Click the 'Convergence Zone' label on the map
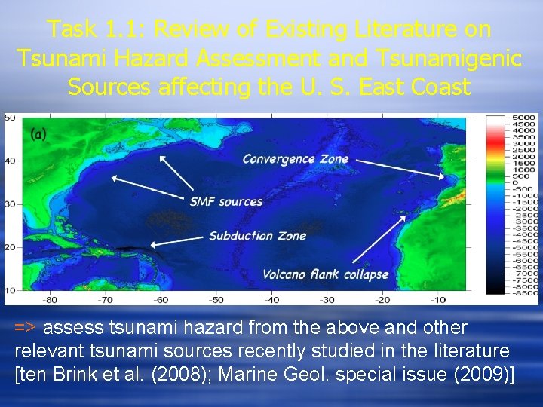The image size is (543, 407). [295, 158]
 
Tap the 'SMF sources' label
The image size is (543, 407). [225, 201]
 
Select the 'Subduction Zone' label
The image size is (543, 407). [257, 236]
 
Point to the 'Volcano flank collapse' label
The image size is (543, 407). [326, 274]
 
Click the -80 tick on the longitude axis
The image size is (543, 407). [49, 299]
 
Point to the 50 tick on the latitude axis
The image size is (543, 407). [10, 118]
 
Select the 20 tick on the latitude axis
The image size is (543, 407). [10, 247]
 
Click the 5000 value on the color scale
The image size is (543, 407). [523, 118]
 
